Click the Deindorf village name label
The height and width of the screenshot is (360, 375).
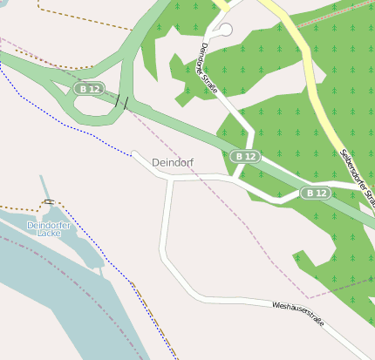pos(172,163)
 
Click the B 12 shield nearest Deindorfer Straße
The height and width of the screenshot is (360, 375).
pos(245,156)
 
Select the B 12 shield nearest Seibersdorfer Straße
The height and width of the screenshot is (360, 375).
pos(316,193)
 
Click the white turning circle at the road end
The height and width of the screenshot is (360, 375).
pos(226,30)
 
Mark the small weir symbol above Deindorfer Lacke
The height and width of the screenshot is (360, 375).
pos(49,201)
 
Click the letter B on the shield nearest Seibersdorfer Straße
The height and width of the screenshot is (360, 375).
pos(310,193)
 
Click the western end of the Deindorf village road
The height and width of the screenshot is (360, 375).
pos(134,153)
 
